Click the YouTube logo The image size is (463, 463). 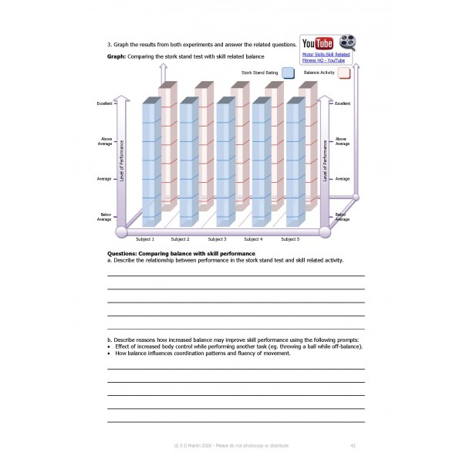319,43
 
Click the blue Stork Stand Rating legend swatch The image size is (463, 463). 288,73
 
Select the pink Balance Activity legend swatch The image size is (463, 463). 344,73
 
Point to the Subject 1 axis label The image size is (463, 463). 145,239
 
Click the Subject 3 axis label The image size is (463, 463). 217,239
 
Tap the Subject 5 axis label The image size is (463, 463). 290,239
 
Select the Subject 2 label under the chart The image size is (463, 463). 180,239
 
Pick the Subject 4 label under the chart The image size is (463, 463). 253,239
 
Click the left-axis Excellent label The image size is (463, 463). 104,103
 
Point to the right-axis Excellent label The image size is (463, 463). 343,103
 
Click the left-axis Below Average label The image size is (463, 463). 104,218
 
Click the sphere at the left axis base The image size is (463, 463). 121,231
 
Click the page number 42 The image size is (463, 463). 353,445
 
